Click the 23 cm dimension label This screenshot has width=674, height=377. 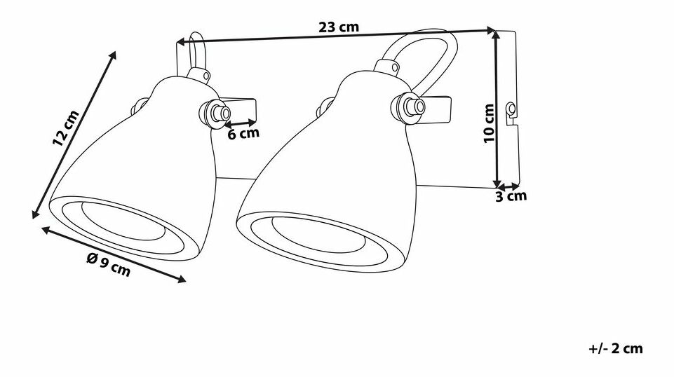tap(339, 27)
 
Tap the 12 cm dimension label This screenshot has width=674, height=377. tap(66, 128)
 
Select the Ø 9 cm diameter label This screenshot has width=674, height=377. tap(108, 265)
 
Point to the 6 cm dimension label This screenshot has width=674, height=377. tap(243, 134)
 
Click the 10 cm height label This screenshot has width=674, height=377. tap(489, 123)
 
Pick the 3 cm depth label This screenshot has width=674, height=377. tap(511, 197)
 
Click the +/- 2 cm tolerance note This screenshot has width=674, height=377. tap(616, 348)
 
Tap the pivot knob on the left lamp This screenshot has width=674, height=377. tap(215, 114)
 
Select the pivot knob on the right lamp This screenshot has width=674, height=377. tap(408, 108)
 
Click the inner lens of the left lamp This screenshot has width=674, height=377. tap(123, 221)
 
